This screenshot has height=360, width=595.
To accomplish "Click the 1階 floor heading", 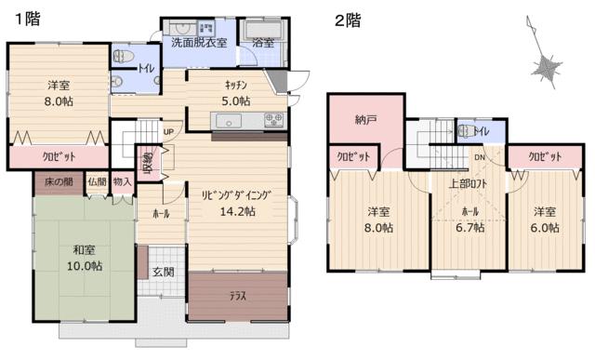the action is point(28,19).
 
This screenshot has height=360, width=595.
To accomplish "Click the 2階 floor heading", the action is point(348,20).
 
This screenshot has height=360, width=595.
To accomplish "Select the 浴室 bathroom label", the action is point(263,43).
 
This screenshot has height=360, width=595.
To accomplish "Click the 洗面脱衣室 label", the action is point(199,43).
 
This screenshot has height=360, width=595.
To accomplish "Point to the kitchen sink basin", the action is point(229,122).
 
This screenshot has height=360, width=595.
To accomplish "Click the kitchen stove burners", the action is point(273,120).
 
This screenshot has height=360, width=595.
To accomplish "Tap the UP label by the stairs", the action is point(168,132).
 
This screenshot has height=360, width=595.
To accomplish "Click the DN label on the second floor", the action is point(480,157).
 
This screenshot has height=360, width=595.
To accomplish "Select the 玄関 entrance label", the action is point(164,272).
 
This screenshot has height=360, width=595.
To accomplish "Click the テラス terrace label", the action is point(238,296).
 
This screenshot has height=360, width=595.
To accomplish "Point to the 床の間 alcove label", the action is point(59,182).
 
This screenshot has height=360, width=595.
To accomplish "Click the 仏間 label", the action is point(97,181).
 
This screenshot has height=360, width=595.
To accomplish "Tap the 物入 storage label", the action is point(122,181).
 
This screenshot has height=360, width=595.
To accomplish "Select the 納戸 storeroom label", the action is point(365,120).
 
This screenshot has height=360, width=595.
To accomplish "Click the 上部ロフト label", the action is point(468,184).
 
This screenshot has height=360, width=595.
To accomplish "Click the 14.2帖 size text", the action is point(238,211).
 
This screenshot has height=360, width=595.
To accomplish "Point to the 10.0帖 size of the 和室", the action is point(85,266).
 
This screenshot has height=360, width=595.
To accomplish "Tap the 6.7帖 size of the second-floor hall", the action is point(469,228).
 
